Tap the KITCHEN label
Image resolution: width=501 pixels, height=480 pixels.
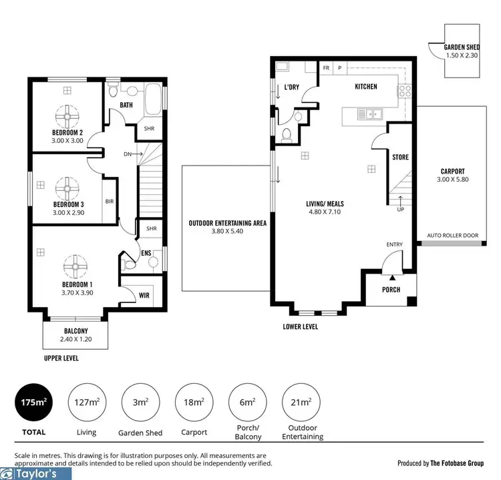(x=365, y=87)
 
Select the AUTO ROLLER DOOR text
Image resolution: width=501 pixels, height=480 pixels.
(x=453, y=236)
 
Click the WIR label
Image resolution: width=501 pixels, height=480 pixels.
(x=144, y=294)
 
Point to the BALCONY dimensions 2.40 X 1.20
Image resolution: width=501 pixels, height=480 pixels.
(x=75, y=340)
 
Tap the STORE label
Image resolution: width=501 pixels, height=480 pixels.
(x=401, y=158)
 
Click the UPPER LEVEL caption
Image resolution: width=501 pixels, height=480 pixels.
(x=61, y=358)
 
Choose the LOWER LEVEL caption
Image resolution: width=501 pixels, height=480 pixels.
(x=300, y=327)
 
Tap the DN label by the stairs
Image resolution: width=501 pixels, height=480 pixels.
(x=128, y=154)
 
